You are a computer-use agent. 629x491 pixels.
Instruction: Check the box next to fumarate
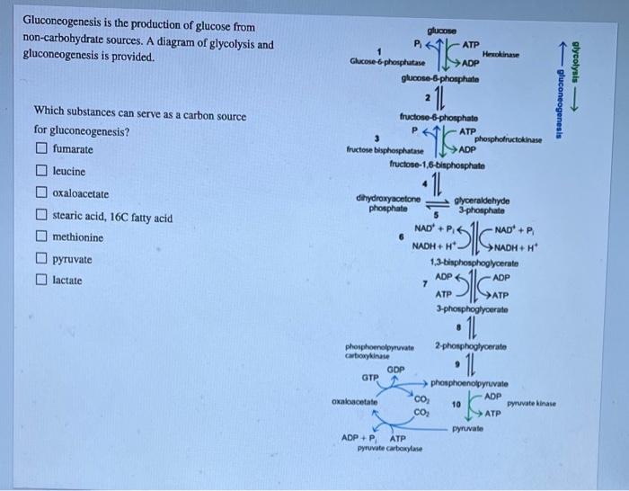click(x=40, y=149)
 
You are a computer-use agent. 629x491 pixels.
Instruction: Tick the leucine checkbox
click(x=40, y=171)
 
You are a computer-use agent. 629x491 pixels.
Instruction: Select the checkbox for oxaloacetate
click(x=40, y=193)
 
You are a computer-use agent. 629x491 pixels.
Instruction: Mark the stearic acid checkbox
click(x=40, y=218)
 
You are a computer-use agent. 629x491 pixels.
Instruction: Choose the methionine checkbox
click(x=40, y=238)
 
